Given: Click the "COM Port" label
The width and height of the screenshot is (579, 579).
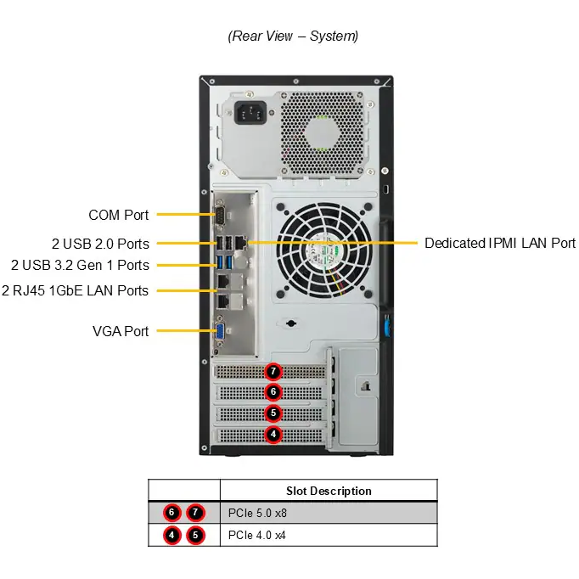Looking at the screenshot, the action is (118, 215).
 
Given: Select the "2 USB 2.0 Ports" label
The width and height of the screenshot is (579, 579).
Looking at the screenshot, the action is (100, 244).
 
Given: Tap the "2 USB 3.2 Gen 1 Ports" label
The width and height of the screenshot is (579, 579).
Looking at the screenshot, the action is (80, 265).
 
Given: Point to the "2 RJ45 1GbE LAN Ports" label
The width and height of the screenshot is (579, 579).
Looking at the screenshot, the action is (75, 290).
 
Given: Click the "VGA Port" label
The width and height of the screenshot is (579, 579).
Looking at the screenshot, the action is (121, 331).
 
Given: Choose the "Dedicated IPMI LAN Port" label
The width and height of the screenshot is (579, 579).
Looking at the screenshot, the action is (500, 243).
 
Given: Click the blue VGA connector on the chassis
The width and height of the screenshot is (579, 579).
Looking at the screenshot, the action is (221, 330).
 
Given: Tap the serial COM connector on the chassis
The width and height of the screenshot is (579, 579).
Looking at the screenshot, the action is (220, 214).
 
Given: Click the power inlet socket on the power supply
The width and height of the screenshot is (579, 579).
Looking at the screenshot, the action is (250, 113).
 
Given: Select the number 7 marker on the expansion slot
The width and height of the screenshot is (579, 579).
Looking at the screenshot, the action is (273, 371).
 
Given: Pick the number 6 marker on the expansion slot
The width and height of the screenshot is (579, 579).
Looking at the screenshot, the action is (273, 391).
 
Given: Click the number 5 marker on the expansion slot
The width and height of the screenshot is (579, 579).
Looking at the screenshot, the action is (273, 413).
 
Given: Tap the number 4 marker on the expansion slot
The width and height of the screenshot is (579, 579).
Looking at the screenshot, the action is (273, 434).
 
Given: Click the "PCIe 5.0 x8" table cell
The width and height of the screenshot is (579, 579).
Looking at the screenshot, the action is (257, 513).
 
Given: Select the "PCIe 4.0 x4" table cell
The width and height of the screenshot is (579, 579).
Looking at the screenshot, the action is (256, 535).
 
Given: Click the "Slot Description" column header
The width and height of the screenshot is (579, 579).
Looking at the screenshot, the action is (329, 491).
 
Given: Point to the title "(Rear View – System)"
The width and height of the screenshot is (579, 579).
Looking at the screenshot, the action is (293, 36).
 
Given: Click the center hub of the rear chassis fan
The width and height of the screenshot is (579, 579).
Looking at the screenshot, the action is (324, 250).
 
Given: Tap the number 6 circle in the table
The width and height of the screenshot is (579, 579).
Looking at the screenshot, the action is (171, 513).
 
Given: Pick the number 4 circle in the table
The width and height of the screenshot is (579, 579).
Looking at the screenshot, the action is (171, 535).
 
